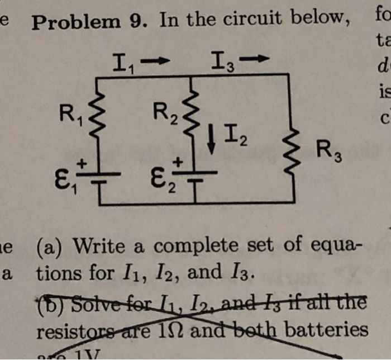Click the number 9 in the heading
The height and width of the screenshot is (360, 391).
(141, 21)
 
